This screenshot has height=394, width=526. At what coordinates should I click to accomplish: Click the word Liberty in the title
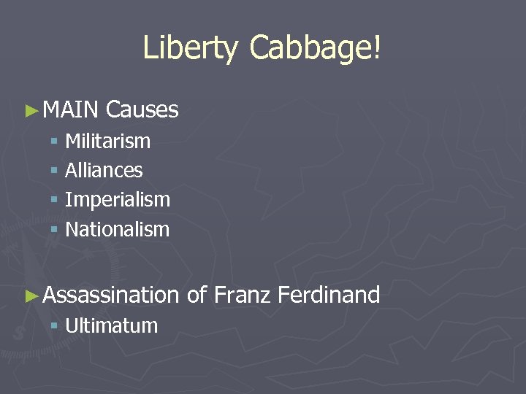click(190, 48)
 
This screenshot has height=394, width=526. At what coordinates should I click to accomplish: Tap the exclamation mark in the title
click(377, 48)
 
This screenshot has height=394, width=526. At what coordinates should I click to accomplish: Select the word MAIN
click(70, 110)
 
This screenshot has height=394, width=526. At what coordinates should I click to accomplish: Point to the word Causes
click(142, 110)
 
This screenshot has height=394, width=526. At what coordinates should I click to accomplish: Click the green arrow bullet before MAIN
click(31, 111)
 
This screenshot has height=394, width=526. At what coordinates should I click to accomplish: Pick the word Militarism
click(107, 141)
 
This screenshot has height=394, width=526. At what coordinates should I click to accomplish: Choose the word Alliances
click(104, 171)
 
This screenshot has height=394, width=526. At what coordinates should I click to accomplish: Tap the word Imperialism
click(117, 200)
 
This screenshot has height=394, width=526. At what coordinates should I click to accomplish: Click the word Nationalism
click(117, 230)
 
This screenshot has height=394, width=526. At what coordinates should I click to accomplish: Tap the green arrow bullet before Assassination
click(31, 296)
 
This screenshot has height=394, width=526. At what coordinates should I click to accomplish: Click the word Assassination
click(110, 295)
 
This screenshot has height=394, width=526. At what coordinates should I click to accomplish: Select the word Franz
click(243, 295)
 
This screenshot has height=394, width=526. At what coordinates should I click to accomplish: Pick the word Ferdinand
click(329, 295)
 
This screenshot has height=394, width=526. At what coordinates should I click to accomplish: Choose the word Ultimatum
click(111, 325)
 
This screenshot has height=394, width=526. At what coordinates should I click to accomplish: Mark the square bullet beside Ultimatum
click(54, 327)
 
